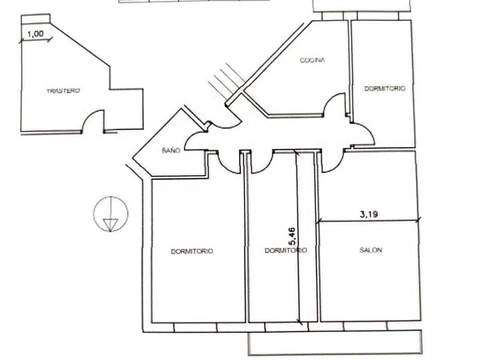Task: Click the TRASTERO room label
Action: [x=63, y=91]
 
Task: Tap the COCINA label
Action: [x=312, y=60]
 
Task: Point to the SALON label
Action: [x=370, y=250]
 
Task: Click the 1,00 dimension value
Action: [x=35, y=34]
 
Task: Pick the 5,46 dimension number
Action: [x=292, y=236]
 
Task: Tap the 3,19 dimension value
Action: [x=369, y=214]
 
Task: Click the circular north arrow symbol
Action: [x=111, y=214]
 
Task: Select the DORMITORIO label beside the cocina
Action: [x=385, y=89]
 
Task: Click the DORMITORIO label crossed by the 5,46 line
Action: [x=286, y=250]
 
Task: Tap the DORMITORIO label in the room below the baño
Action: [x=192, y=251]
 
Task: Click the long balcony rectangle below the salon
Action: [x=335, y=343]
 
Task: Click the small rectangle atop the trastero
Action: [x=35, y=18]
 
